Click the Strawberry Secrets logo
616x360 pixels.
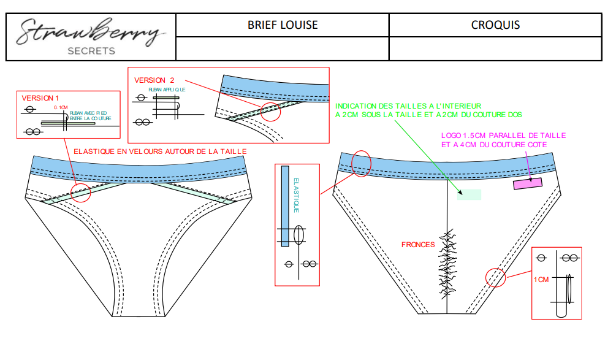click(x=90, y=36)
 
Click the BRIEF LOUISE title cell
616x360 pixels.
click(x=283, y=25)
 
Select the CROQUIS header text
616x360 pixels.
click(x=495, y=25)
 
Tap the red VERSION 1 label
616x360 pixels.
click(x=40, y=98)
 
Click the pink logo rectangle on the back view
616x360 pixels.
click(x=528, y=183)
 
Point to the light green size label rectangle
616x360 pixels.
click(x=469, y=194)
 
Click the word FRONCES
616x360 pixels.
click(x=418, y=245)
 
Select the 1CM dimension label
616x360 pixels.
click(x=541, y=280)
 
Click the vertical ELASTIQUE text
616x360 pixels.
click(x=296, y=195)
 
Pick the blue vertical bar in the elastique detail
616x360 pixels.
click(x=285, y=205)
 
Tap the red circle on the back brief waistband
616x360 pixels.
click(x=362, y=164)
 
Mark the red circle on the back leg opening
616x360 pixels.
click(x=496, y=277)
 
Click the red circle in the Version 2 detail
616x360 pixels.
click(x=270, y=111)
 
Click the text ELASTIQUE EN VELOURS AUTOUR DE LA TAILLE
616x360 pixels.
click(x=159, y=151)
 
